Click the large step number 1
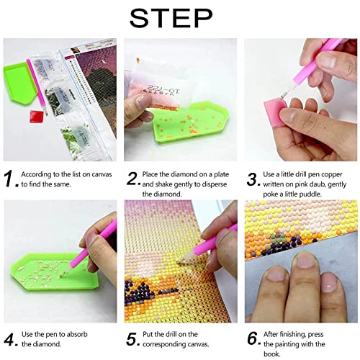click(11, 178)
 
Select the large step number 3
click(254, 178)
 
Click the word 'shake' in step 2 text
click(159, 184)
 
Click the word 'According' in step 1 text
click(38, 174)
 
